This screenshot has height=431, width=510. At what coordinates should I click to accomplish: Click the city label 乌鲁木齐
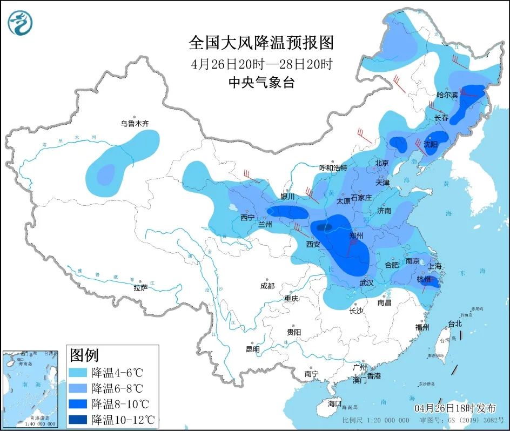134,124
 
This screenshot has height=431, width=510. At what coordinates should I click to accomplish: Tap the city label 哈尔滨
447,95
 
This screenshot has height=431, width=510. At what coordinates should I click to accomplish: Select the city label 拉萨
140,288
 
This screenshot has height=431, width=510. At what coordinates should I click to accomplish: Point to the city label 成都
267,286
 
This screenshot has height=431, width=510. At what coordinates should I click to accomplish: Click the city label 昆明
252,349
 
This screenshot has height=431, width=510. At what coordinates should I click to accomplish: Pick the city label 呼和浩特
333,167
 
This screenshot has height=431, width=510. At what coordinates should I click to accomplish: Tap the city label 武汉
367,282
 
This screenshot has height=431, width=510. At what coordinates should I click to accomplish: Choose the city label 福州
422,327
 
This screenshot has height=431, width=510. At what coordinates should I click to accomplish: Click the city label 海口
335,403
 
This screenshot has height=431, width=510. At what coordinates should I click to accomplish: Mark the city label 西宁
247,218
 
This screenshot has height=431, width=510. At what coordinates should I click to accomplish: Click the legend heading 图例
84,355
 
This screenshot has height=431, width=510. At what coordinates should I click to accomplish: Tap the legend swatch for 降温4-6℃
78,373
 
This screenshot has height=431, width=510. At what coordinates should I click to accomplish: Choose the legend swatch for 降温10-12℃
78,419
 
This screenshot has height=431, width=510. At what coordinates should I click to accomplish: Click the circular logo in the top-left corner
21,23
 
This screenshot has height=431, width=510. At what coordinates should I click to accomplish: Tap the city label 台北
455,324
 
